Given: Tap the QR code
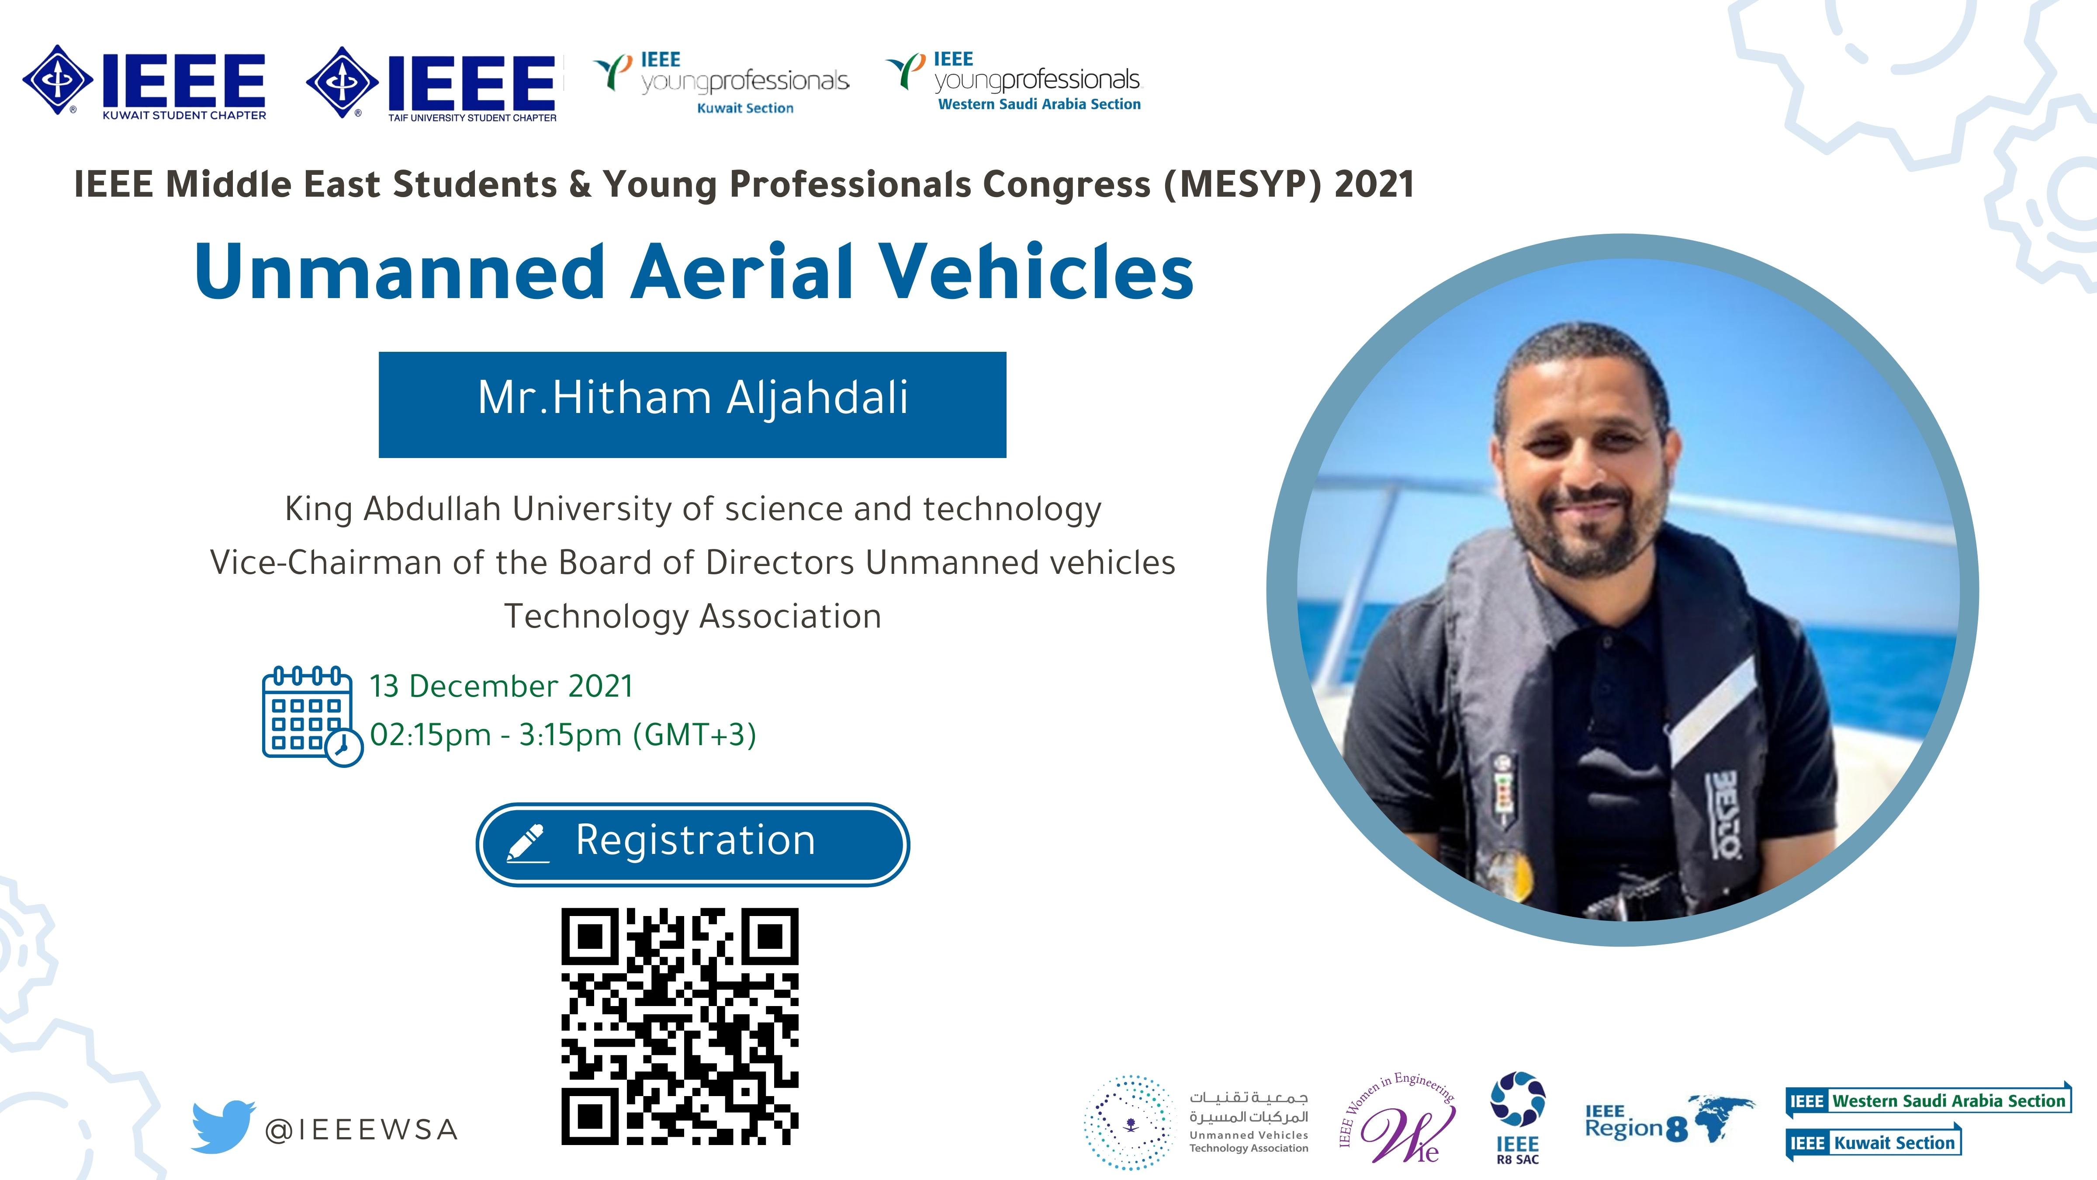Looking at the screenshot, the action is pos(680,1026).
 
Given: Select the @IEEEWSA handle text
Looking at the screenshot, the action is pos(361,1129).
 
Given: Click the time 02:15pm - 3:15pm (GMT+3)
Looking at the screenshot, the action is pos(563,735).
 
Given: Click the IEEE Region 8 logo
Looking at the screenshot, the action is pos(1669,1120).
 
